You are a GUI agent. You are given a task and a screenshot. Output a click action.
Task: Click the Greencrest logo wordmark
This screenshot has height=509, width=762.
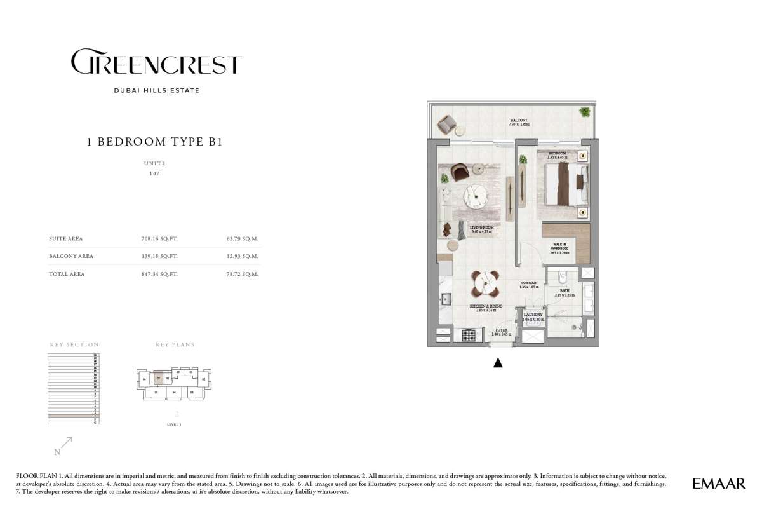pyautogui.click(x=156, y=64)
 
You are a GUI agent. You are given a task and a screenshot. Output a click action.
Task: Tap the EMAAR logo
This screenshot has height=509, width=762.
pyautogui.click(x=718, y=484)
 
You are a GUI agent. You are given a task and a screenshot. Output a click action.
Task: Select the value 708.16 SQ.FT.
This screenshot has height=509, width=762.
pyautogui.click(x=159, y=239)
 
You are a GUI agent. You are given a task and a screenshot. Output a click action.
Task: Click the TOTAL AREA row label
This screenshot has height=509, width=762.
pyautogui.click(x=67, y=274)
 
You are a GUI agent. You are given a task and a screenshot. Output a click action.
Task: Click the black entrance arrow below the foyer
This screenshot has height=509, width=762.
pyautogui.click(x=498, y=363)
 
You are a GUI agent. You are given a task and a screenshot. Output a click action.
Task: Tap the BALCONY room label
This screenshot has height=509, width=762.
pyautogui.click(x=518, y=120)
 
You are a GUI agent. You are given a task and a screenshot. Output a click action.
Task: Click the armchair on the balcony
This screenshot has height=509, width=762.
pyautogui.click(x=448, y=124)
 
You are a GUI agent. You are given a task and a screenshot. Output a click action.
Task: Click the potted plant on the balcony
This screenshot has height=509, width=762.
pyautogui.click(x=583, y=112)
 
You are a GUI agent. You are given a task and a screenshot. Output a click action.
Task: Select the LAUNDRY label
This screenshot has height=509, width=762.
pyautogui.click(x=533, y=314)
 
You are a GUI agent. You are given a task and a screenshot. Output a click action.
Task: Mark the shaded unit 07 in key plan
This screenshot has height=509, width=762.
pyautogui.click(x=157, y=379)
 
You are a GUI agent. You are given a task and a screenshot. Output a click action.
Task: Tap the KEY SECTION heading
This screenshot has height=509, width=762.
pyautogui.click(x=74, y=344)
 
